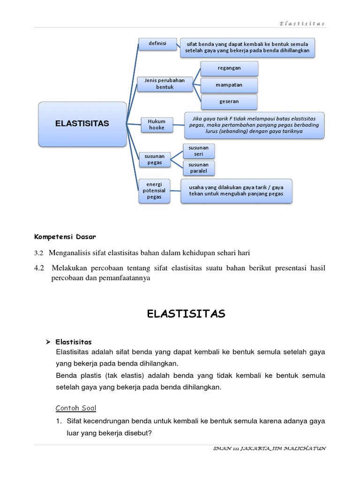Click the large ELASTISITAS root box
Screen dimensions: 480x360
82,124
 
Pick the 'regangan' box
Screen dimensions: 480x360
229,68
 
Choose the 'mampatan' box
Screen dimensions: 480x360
229,85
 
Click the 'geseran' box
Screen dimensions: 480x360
229,102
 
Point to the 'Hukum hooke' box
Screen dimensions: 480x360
157,125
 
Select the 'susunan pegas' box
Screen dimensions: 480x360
154,159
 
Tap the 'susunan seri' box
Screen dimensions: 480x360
199,151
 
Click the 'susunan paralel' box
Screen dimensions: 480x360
199,168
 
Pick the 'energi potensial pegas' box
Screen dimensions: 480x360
154,191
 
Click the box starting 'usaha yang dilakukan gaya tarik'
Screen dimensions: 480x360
236,191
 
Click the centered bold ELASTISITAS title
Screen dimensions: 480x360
186,314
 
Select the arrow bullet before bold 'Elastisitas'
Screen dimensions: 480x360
47,342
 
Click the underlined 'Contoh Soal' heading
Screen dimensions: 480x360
76,408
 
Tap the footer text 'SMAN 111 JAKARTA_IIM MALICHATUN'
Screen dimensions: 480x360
269,449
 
